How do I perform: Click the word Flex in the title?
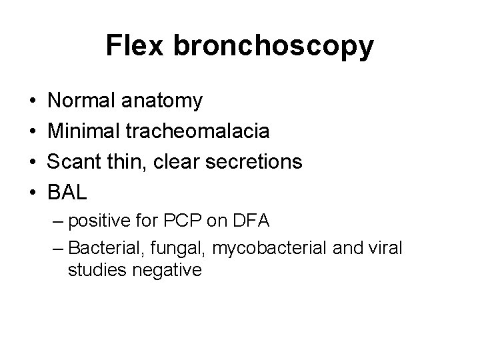(x=136, y=46)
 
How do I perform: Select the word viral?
(x=385, y=249)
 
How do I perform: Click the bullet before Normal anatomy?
(x=33, y=102)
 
